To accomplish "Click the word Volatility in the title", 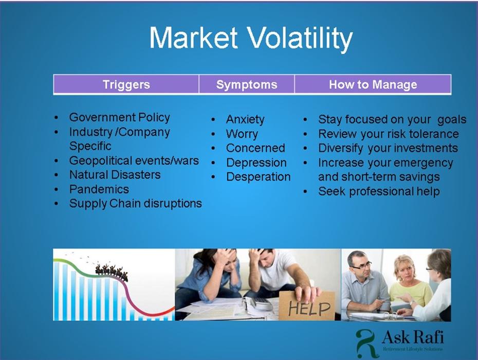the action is click(299, 39).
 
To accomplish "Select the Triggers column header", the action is click(126, 84).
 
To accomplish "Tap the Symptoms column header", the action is click(247, 84).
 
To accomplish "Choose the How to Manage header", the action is click(373, 84).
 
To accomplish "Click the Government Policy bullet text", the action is click(119, 117).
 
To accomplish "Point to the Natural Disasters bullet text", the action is click(115, 175).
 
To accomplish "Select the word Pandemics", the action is click(99, 189).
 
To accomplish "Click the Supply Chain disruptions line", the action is click(135, 204).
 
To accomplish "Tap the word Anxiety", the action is click(245, 120).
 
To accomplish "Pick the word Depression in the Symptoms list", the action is click(256, 163).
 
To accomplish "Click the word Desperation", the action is click(258, 177).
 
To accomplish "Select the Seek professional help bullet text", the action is click(379, 192).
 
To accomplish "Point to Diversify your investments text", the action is click(388, 148).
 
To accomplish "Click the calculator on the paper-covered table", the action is click(258, 303).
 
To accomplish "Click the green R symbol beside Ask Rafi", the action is click(367, 343).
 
